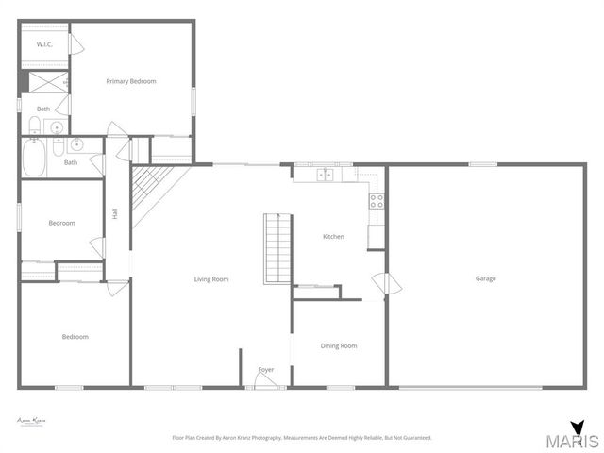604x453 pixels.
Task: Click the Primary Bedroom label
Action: [131, 81]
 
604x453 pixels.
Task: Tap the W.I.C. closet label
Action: [44, 44]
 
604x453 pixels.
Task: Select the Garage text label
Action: [485, 278]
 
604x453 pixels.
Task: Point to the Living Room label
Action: [211, 279]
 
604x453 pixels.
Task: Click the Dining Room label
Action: [339, 346]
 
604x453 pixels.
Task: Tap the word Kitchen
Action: [334, 237]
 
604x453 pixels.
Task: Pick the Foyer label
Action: [266, 369]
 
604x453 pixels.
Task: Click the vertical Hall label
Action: [115, 214]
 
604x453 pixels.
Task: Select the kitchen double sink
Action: [325, 174]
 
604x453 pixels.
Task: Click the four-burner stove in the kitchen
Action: [376, 200]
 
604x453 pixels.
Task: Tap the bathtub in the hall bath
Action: [33, 157]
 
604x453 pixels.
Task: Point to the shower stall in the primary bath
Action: [44, 83]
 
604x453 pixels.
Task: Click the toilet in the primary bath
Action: [34, 126]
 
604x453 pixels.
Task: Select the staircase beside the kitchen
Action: [277, 247]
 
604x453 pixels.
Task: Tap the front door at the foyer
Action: [264, 380]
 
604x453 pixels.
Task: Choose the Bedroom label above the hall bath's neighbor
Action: [62, 223]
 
